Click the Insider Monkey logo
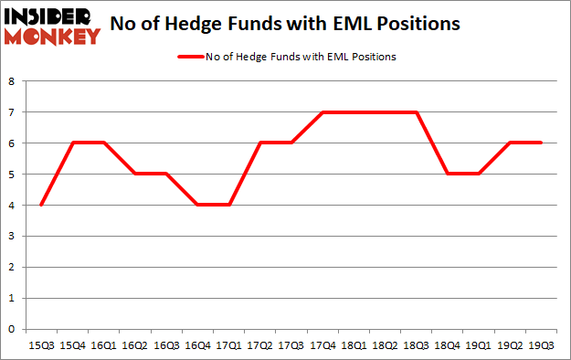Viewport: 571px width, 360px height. pos(52,26)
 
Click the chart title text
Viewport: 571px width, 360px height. pos(284,25)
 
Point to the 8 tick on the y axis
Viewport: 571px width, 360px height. pos(12,81)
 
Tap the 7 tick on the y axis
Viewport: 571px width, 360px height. pos(12,112)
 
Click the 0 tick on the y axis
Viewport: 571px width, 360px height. pos(12,329)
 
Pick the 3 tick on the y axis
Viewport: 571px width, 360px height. pos(12,236)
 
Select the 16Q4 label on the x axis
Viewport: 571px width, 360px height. pos(196,345)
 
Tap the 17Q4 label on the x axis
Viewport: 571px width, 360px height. pos(323,345)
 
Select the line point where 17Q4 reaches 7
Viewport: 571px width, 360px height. pos(323,112)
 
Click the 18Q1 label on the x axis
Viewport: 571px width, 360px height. pos(354,345)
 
